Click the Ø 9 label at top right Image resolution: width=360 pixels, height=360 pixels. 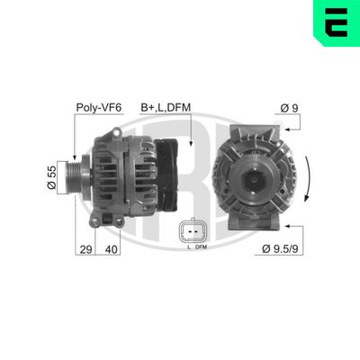pos(289,108)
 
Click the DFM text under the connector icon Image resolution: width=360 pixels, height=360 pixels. pos(201,247)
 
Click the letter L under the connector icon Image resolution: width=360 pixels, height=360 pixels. pos(187,247)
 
